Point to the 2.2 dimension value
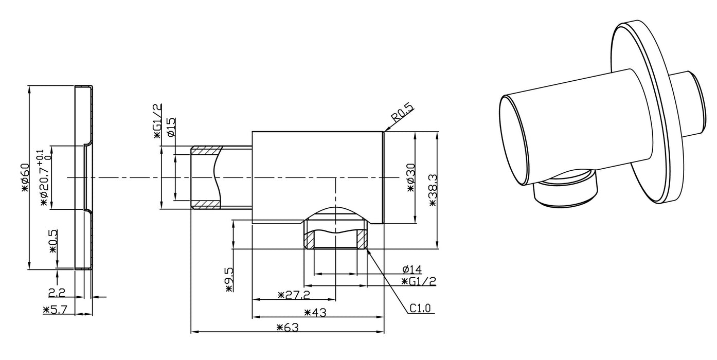tap(57, 293)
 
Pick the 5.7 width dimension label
tap(55, 310)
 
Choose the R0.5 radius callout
tap(402, 113)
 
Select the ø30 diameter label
tap(411, 178)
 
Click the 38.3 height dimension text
tap(433, 190)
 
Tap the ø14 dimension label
tap(413, 269)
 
